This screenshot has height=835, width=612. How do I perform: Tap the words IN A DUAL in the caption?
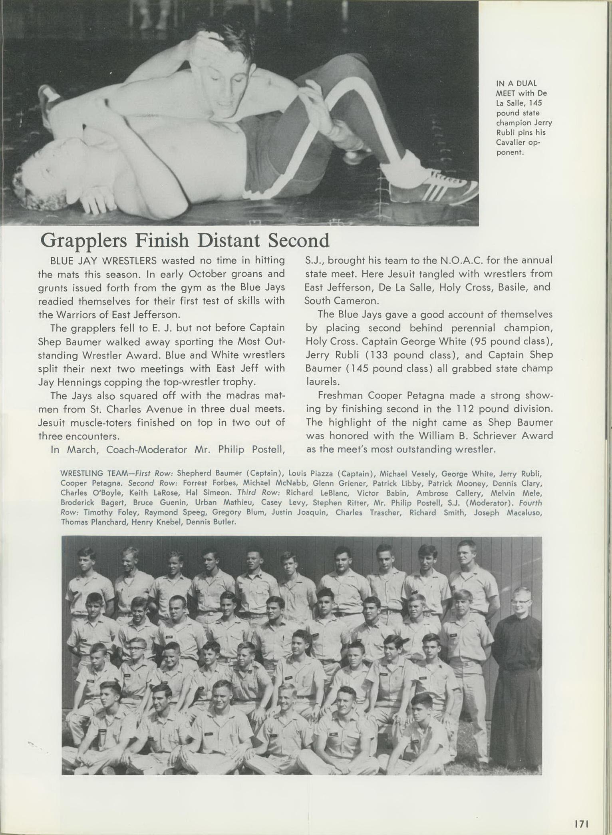coord(516,84)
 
